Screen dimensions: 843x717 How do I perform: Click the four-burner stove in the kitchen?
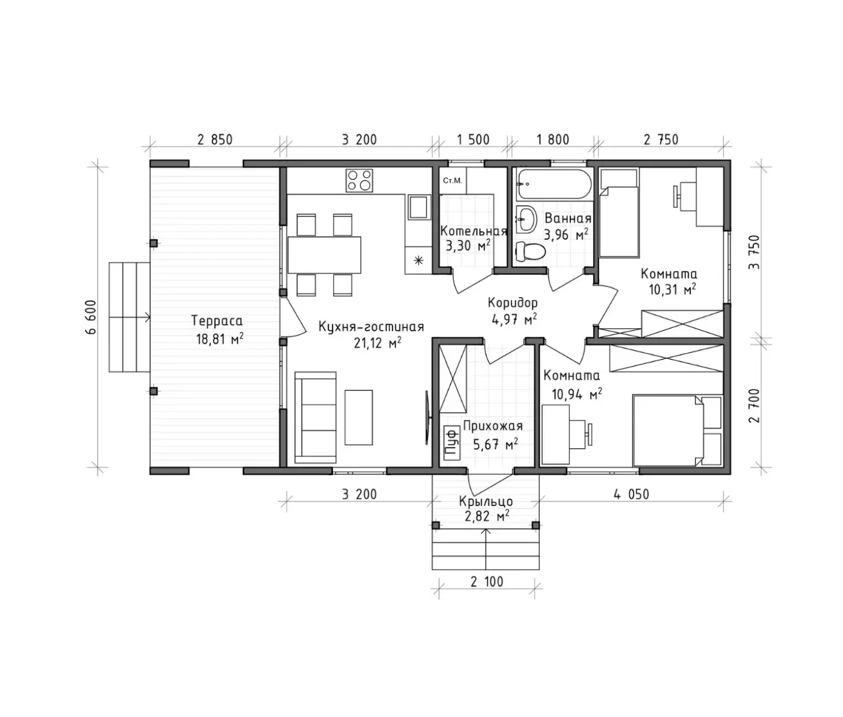point(359,180)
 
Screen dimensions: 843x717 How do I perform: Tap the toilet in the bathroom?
point(531,252)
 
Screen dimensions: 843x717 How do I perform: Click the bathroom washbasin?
point(526,219)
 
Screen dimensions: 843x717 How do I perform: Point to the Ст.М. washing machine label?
point(452,180)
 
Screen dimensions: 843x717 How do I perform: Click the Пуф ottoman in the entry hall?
point(450,442)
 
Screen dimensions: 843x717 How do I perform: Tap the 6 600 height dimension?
point(91,317)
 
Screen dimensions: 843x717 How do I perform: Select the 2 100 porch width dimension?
point(486,582)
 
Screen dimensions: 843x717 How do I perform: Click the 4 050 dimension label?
point(631,495)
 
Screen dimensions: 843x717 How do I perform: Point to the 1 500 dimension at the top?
point(473,140)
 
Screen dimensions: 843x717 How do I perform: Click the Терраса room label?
point(217,321)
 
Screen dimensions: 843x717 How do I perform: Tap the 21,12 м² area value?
point(377,343)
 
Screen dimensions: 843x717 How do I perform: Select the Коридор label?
point(513,303)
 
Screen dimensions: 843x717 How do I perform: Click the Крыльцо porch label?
point(486,501)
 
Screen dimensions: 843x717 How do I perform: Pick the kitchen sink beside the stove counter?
point(419,207)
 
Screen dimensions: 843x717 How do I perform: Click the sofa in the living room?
point(315,417)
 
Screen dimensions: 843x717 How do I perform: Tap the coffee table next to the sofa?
point(358,417)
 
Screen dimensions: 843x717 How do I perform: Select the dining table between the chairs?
point(324,255)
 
